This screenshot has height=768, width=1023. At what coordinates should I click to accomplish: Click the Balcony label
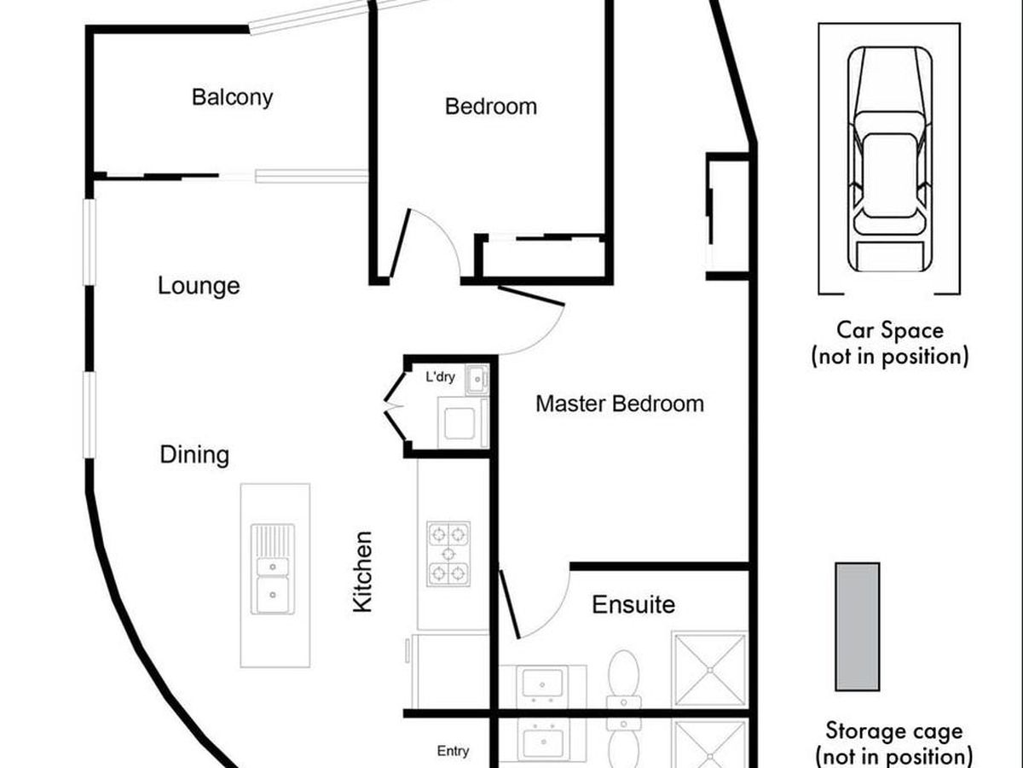[232, 98]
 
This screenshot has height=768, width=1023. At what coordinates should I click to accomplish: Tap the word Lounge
[199, 286]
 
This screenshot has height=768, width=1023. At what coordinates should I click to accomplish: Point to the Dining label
[194, 455]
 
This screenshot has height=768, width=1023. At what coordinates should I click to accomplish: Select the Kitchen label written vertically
[362, 571]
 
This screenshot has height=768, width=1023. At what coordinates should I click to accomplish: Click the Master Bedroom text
[620, 404]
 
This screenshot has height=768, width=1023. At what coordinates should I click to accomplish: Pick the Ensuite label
[633, 605]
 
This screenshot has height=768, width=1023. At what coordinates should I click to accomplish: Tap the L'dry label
[440, 377]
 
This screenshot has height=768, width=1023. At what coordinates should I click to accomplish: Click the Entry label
[453, 751]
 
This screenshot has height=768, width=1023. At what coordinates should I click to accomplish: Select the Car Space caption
[890, 344]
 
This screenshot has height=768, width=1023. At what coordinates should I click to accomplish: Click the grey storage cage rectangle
[857, 626]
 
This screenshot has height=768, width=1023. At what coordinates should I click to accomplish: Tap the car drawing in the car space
[890, 159]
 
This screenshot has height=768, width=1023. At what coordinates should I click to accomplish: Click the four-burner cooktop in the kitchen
[448, 554]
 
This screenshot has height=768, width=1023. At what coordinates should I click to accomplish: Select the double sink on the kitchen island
[273, 569]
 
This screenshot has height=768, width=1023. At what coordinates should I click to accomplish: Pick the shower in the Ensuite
[709, 670]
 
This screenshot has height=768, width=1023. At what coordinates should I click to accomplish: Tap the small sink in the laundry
[477, 380]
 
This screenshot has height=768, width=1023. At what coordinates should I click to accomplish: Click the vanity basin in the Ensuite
[542, 684]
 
